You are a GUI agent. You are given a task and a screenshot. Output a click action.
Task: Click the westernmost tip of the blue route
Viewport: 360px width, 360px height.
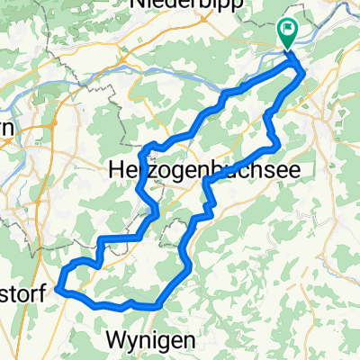(58, 288)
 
